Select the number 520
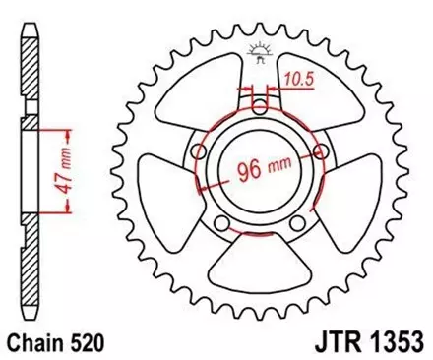pos(90,343)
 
